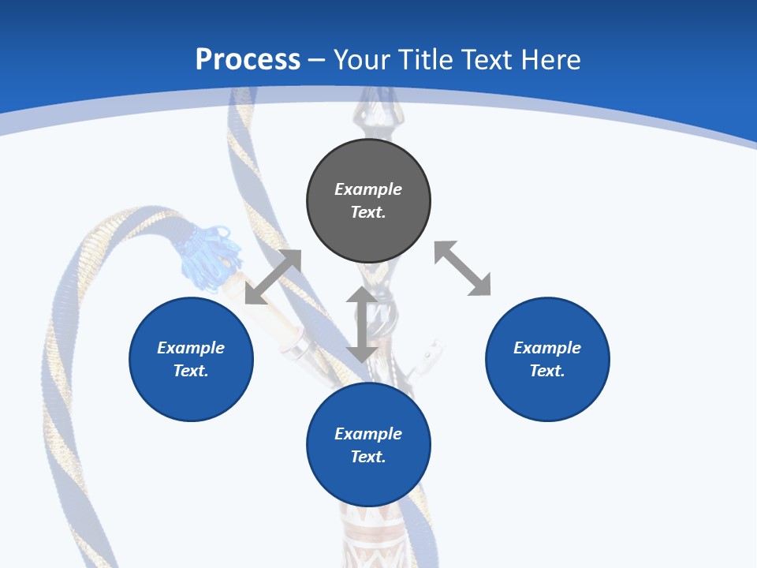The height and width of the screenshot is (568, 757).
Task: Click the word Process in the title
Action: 248,60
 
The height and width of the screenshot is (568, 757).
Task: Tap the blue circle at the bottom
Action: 368,481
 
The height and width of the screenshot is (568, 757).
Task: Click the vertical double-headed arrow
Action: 361,324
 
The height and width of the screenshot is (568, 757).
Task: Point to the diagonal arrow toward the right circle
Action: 462,268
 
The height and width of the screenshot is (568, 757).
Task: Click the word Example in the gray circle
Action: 368,189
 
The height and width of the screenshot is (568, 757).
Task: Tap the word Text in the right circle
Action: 547,371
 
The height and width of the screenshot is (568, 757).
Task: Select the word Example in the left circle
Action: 191,348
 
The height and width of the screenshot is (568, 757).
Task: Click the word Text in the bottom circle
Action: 368,457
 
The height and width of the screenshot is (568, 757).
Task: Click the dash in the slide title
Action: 317,60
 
